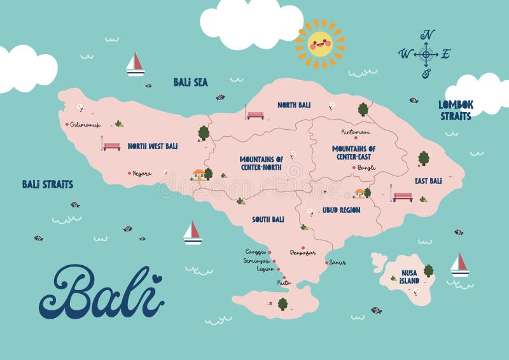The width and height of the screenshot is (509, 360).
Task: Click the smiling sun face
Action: pos(320,43)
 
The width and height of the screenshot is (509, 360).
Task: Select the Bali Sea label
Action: pos(190,82)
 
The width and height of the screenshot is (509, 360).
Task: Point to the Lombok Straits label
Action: pos(455,110)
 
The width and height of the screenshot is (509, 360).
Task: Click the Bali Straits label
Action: pos(48,184)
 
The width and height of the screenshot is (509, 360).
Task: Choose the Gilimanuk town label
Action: pos(85,125)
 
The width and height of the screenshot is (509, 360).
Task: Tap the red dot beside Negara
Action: pos(129,173)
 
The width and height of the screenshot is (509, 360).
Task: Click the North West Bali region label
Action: pos(152,146)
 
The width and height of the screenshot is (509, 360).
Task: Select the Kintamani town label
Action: pos(356,132)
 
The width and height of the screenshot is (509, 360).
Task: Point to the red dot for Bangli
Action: pos(354,168)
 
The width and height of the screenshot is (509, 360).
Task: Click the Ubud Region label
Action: pos(341,210)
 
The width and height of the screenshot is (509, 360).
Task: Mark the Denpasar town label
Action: pos(302,253)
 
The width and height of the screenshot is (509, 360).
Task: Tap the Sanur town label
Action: pos(337,262)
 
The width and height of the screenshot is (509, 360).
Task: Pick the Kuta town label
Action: pos(284,282)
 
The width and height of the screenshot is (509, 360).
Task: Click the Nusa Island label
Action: pos(409,277)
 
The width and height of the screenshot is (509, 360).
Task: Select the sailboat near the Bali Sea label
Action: pos(135,64)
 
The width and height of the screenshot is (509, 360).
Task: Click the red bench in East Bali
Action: pos(402,197)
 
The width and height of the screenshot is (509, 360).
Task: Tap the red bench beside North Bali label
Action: pos(255,115)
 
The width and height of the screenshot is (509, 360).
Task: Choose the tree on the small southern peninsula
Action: pos(282,303)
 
